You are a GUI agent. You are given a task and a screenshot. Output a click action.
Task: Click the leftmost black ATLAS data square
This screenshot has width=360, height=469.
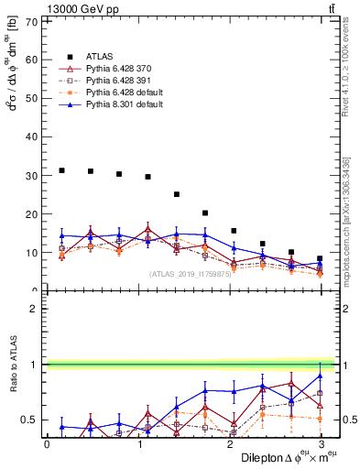click(x=61, y=170)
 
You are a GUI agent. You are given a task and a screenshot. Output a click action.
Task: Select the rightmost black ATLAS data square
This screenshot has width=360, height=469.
click(x=320, y=258)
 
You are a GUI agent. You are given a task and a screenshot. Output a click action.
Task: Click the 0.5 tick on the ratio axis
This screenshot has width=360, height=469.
click(x=31, y=420)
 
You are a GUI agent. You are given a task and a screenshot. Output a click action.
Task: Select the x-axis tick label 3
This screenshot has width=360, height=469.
click(x=322, y=443)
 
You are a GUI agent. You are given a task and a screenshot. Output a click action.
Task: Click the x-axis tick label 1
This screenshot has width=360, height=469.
click(x=139, y=443)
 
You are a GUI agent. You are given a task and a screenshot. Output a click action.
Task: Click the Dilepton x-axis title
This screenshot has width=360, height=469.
click(x=275, y=457)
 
